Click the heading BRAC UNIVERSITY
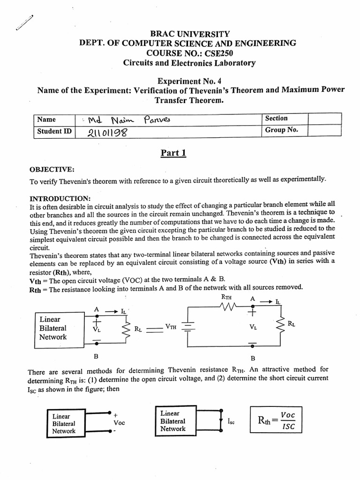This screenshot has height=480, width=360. click(189, 34)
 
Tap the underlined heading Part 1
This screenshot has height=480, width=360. click(173, 153)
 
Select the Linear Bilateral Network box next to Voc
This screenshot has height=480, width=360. click(64, 423)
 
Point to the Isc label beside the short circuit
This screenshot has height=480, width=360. click(231, 422)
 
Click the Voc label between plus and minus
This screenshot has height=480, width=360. click(119, 422)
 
